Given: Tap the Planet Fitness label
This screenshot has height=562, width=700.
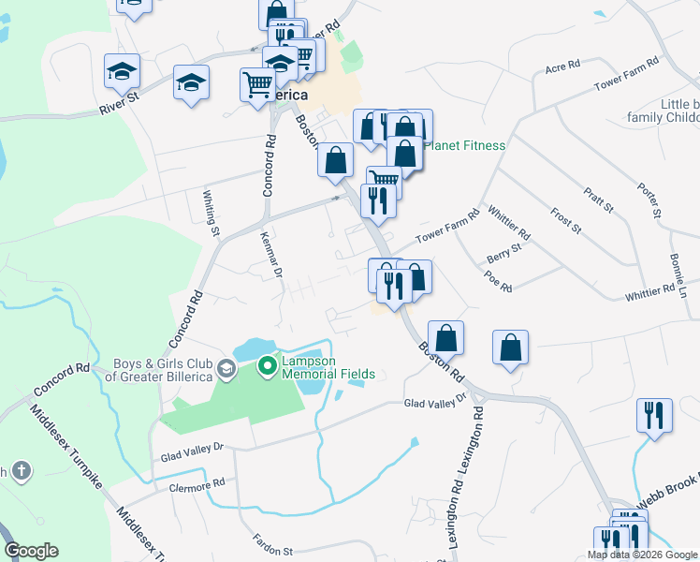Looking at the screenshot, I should (x=465, y=145).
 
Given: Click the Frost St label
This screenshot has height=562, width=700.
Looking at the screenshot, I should (x=566, y=221).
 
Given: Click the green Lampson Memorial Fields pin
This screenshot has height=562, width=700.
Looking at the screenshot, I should (x=266, y=365).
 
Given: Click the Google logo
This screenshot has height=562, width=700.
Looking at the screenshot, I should (x=31, y=551).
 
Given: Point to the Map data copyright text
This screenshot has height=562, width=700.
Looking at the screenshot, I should (x=642, y=555).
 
